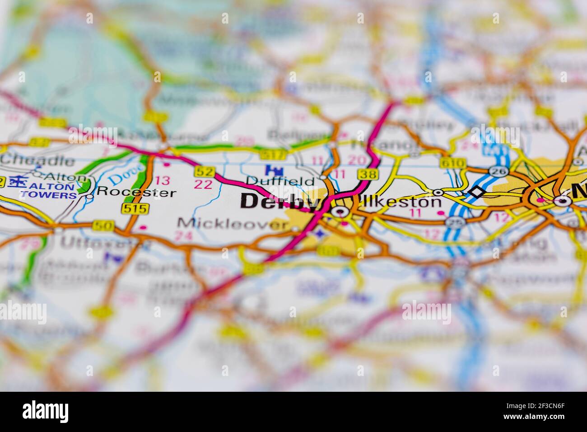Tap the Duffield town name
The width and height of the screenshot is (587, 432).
pos(280,181)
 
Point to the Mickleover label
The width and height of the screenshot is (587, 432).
pos(232,223)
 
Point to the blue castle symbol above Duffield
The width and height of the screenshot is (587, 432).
pos(272,170)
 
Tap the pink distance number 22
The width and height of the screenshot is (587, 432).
pos(203,184)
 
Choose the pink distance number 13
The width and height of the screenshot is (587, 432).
pos(163,181)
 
